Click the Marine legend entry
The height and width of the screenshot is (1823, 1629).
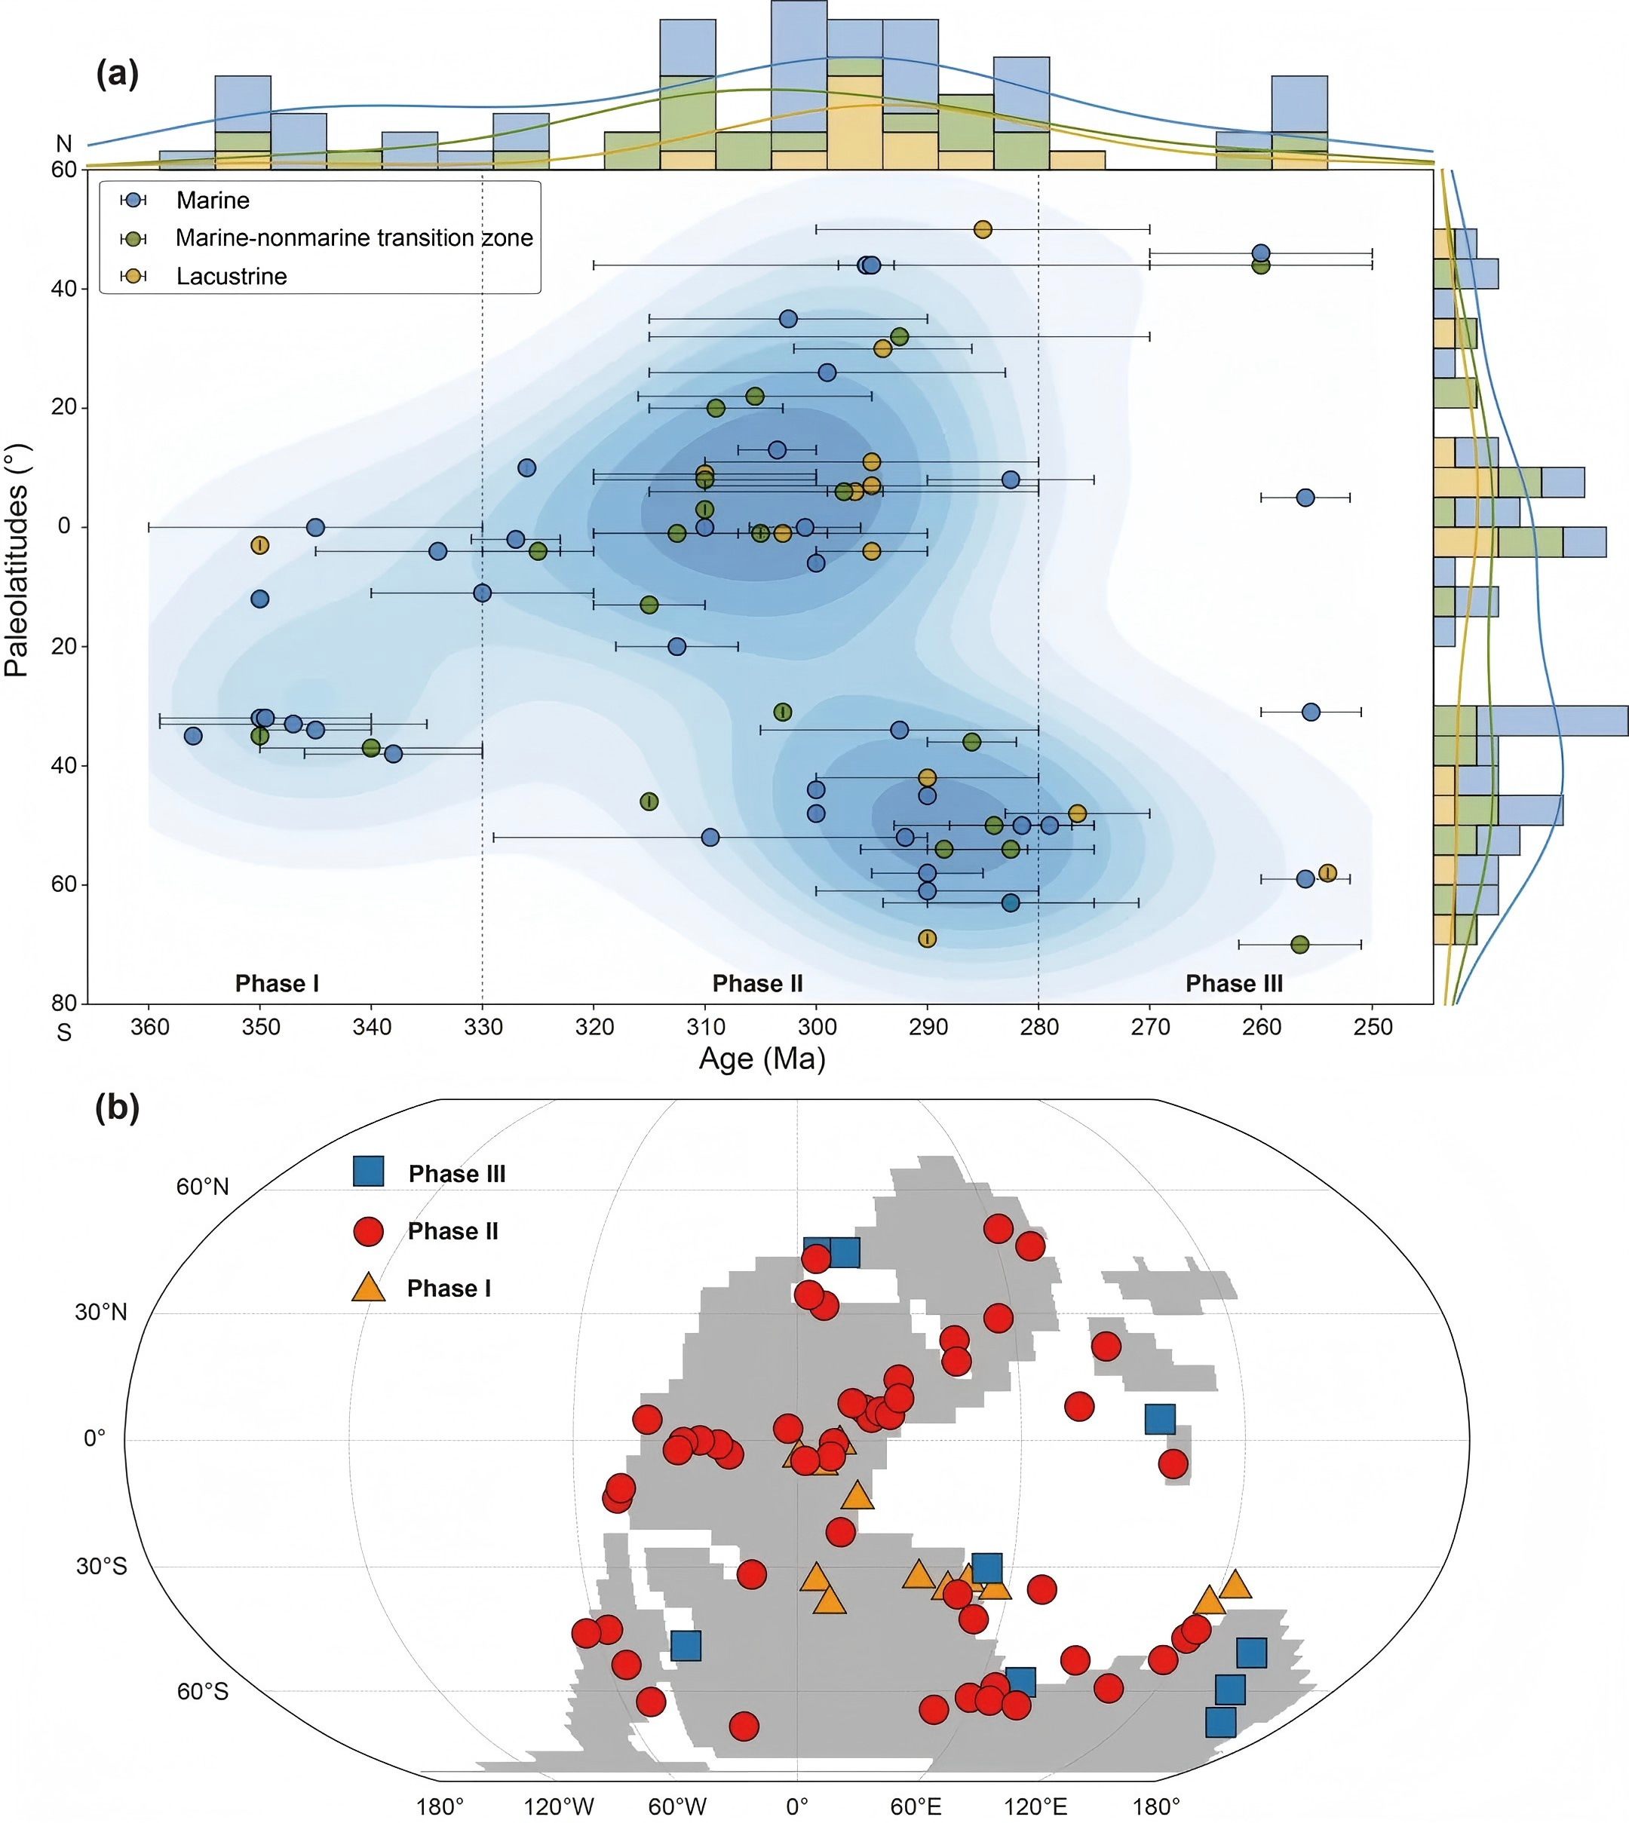coord(212,201)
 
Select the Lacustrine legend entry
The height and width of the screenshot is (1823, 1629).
coord(231,277)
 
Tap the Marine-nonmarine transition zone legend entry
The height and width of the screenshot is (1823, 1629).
coord(354,238)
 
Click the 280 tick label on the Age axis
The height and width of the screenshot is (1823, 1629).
coord(1038,1027)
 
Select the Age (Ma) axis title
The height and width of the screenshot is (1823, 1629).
coord(762,1059)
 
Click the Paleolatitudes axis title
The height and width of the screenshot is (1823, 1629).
coord(17,561)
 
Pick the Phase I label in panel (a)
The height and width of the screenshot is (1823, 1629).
coord(277,984)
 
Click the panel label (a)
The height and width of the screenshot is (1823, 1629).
coord(117,73)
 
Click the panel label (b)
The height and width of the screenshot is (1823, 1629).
coord(117,1108)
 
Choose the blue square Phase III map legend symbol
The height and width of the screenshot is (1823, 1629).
coord(369,1172)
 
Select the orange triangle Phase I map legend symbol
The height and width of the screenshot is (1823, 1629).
coord(368,1288)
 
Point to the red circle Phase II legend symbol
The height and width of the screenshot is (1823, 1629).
coord(369,1231)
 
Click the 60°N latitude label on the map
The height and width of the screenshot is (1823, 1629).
coord(202,1187)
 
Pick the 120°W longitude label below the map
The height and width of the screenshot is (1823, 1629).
coord(559,1806)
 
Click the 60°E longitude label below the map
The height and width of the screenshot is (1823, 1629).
coord(916,1806)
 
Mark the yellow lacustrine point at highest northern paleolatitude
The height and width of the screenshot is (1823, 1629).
coord(983,230)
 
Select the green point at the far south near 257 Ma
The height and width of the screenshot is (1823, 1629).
coord(1299,944)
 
